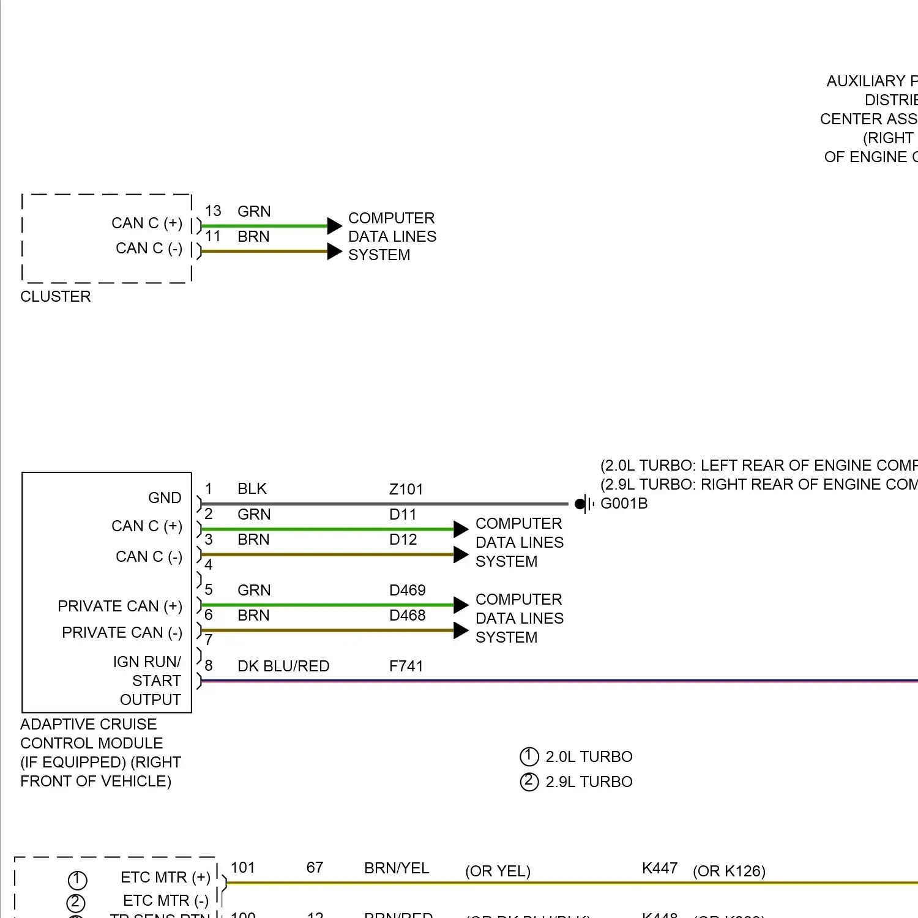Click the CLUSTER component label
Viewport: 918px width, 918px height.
(x=55, y=297)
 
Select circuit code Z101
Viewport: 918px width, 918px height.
(x=406, y=490)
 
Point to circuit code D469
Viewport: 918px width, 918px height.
(x=407, y=591)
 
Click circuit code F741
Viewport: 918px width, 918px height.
(x=406, y=666)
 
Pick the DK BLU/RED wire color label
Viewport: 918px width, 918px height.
(x=283, y=666)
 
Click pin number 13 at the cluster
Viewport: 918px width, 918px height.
(x=213, y=211)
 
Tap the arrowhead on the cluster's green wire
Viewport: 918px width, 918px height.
(x=334, y=226)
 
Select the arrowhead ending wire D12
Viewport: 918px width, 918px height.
(x=461, y=555)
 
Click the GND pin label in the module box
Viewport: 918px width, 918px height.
(x=165, y=498)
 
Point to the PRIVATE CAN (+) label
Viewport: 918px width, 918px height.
(x=120, y=606)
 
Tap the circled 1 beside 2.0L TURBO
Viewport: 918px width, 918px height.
(x=529, y=757)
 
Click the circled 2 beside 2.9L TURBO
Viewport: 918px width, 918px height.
(x=529, y=782)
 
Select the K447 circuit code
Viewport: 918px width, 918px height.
(x=660, y=868)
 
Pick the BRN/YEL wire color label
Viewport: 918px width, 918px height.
(x=397, y=868)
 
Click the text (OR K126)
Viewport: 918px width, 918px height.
(x=729, y=871)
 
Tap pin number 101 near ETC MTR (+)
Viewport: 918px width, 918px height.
(x=242, y=868)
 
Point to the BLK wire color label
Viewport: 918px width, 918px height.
(x=252, y=489)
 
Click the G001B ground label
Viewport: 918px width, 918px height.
(x=624, y=504)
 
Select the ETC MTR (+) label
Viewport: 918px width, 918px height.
(x=165, y=878)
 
